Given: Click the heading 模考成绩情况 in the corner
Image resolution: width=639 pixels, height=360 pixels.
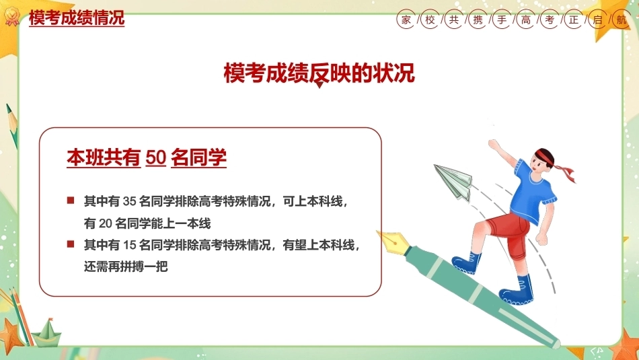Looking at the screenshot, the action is click(77, 17).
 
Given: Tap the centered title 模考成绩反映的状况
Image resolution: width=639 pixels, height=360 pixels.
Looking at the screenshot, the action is click(319, 73).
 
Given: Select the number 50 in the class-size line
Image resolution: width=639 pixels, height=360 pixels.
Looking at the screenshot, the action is click(155, 157).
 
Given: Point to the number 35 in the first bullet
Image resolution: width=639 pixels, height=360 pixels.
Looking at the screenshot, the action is click(129, 201).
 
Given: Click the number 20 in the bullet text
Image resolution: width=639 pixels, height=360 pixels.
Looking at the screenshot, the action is click(105, 223).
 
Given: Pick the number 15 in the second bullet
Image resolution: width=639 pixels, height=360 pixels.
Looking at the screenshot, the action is click(129, 245).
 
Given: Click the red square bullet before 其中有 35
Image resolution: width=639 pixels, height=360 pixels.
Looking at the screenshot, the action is click(71, 200).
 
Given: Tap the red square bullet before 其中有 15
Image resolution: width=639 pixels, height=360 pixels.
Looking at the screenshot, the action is click(71, 244).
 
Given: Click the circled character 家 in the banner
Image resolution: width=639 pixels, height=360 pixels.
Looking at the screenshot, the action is click(406, 20).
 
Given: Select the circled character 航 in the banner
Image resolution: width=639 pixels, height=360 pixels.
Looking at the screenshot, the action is click(622, 20).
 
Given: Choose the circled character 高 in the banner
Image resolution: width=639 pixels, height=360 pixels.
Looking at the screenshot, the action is click(526, 20).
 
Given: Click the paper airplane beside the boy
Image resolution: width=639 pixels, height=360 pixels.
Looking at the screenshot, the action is click(453, 182).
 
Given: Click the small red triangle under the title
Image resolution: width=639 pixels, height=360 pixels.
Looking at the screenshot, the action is click(320, 85).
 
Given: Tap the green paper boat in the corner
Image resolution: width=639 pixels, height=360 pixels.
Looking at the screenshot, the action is click(47, 333).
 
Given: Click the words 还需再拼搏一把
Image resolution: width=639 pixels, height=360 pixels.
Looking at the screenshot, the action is click(126, 266).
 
